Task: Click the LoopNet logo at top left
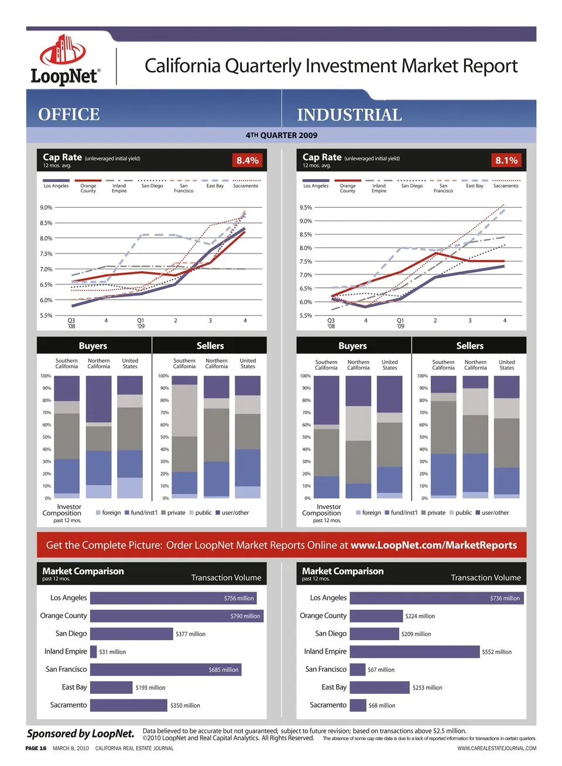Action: pos(65,60)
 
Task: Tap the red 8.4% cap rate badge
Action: pos(248,160)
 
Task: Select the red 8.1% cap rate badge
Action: pos(506,160)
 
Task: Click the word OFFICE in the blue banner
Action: pos(69,114)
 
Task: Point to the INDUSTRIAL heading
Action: pos(349,115)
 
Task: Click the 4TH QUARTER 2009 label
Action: pos(282,135)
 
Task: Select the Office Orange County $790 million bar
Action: pos(176,616)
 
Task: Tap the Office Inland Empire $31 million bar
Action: pos(93,651)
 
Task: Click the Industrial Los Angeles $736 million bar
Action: pos(436,598)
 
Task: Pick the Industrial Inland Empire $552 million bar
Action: pos(414,651)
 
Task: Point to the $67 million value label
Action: pos(381,669)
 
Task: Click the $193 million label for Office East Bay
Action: pos(150,688)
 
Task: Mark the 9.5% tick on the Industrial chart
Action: pos(306,208)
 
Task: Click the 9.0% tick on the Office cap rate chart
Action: pos(46,208)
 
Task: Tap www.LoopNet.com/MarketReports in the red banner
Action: pos(434,545)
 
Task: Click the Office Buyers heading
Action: pos(93,346)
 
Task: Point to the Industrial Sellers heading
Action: pos(470,346)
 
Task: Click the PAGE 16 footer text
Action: pos(36,748)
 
